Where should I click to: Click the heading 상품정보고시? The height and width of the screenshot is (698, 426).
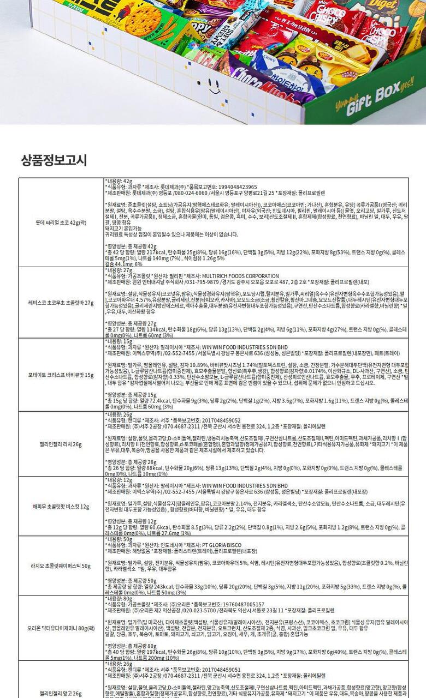pyautogui.click(x=54, y=160)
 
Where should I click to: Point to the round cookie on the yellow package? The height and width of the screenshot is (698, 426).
pyautogui.click(x=135, y=20)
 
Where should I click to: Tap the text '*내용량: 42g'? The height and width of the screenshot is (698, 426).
pyautogui.click(x=119, y=180)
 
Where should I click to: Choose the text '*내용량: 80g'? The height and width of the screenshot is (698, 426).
pyautogui.click(x=119, y=598)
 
